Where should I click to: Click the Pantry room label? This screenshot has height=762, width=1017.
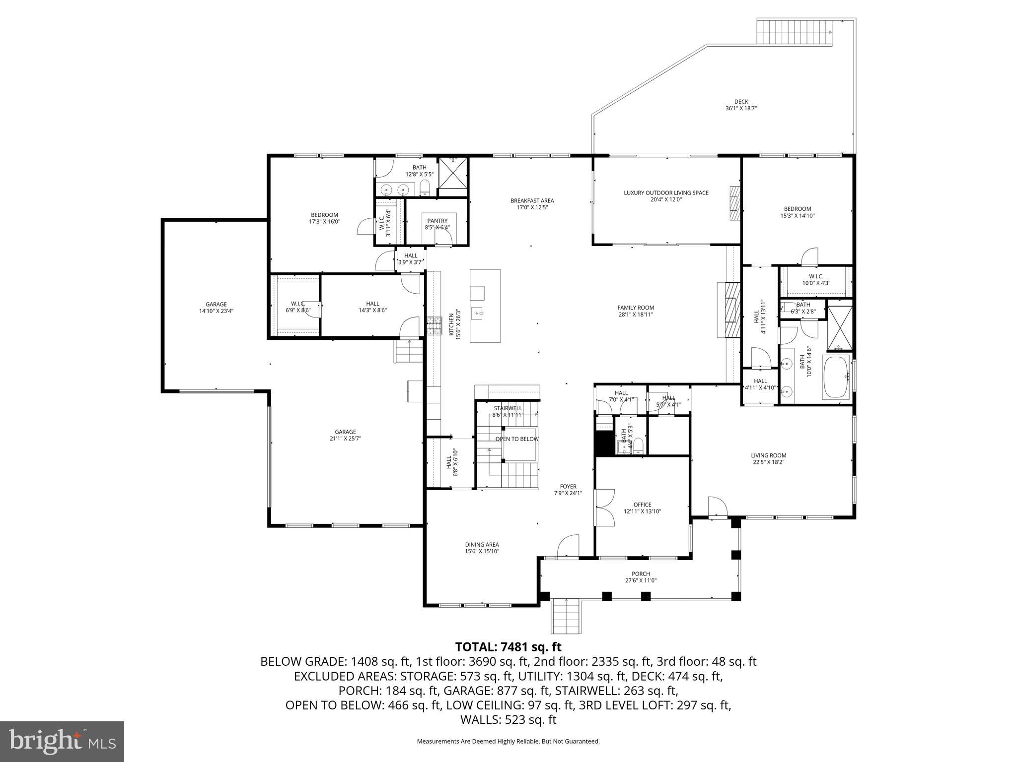pyautogui.click(x=437, y=221)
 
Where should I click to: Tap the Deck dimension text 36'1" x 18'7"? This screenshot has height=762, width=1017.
pyautogui.click(x=741, y=108)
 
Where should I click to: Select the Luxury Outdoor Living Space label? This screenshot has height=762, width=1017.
pyautogui.click(x=666, y=193)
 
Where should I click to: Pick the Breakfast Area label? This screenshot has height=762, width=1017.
pyautogui.click(x=532, y=201)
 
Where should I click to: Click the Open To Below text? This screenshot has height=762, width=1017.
pyautogui.click(x=516, y=439)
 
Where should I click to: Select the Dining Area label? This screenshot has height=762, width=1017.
pyautogui.click(x=482, y=544)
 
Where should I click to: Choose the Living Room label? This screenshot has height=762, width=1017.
pyautogui.click(x=768, y=455)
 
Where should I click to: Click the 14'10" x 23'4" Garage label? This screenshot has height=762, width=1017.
pyautogui.click(x=216, y=305)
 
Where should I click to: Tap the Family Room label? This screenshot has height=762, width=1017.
pyautogui.click(x=636, y=308)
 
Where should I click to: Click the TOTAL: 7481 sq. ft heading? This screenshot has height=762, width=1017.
pyautogui.click(x=508, y=647)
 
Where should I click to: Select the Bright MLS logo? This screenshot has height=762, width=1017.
pyautogui.click(x=62, y=741)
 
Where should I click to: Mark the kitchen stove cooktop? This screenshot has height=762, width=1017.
pyautogui.click(x=434, y=326)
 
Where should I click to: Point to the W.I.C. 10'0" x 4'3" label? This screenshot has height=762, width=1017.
pyautogui.click(x=816, y=277)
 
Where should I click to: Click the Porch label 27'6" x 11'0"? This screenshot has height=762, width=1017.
pyautogui.click(x=641, y=574)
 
